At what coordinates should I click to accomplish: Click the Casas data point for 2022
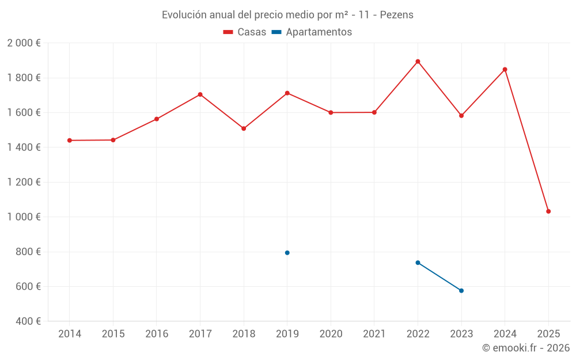click(x=418, y=62)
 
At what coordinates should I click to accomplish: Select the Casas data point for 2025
click(x=548, y=211)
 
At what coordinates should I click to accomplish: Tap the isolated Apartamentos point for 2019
click(x=287, y=253)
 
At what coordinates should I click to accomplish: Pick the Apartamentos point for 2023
click(x=461, y=291)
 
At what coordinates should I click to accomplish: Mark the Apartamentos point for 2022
click(x=418, y=263)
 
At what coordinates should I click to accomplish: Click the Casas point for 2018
click(x=244, y=128)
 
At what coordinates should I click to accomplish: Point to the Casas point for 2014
click(x=70, y=141)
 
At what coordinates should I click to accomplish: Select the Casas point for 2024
click(x=505, y=70)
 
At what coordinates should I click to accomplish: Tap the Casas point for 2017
click(x=200, y=94)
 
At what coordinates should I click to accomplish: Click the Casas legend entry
click(x=245, y=32)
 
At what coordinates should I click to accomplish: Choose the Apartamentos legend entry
click(x=312, y=32)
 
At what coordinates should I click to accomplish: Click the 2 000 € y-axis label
click(x=24, y=43)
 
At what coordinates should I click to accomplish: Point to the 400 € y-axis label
click(x=28, y=321)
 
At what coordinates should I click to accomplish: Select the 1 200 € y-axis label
click(x=24, y=183)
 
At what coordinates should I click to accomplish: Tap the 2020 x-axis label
click(x=331, y=334)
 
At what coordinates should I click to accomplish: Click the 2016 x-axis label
click(x=157, y=334)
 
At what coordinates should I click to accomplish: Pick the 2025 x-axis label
click(x=548, y=334)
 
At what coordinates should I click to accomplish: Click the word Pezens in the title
click(x=397, y=15)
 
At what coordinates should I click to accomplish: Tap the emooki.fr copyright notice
click(x=526, y=348)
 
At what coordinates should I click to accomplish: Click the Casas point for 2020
click(x=331, y=113)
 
